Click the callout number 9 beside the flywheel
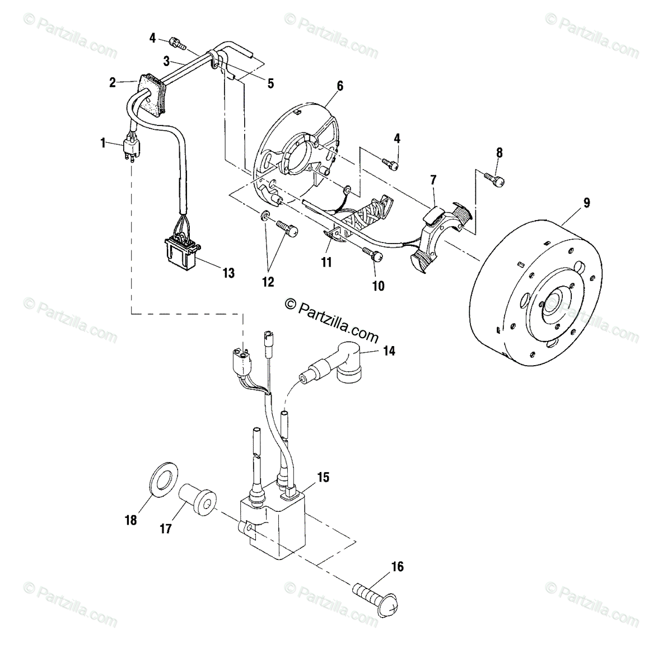point(586,203)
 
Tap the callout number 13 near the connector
point(228,273)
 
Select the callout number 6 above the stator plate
point(339,86)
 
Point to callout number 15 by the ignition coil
point(323,478)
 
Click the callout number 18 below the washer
point(130,520)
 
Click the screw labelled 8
point(494,179)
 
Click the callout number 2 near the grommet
point(113,83)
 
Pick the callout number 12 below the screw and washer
point(268,282)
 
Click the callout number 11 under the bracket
point(326,262)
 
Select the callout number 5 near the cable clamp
point(270,83)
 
